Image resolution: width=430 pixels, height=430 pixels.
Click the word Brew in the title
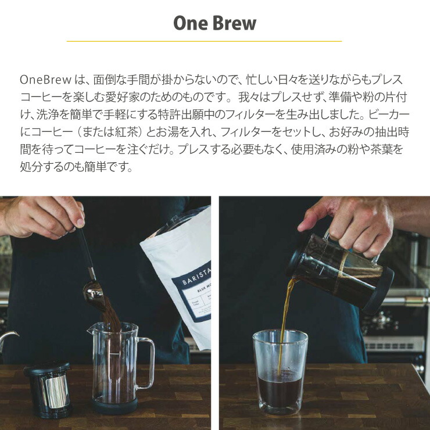[234, 23]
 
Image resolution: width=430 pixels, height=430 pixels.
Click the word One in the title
[191, 23]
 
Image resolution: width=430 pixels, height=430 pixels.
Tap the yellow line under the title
[205, 41]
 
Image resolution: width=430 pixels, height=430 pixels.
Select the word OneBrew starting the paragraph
[45, 80]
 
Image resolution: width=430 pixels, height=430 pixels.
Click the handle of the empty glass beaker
[146, 363]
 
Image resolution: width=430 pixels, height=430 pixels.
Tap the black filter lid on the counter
[46, 370]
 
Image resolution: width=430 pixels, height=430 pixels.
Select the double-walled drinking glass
[279, 371]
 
